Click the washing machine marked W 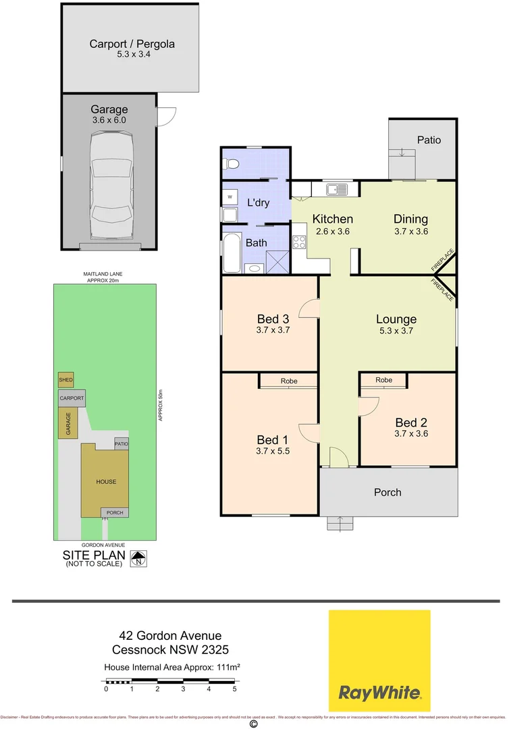[230, 196]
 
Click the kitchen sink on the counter [336, 189]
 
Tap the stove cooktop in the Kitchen [299, 242]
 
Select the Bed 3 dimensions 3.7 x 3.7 [273, 330]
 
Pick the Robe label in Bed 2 [383, 380]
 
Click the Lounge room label [396, 319]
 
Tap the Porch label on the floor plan [387, 492]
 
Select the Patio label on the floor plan [429, 140]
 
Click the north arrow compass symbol [140, 558]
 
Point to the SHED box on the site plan [65, 380]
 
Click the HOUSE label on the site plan [105, 481]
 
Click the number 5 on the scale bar [234, 689]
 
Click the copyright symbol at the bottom [254, 724]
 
